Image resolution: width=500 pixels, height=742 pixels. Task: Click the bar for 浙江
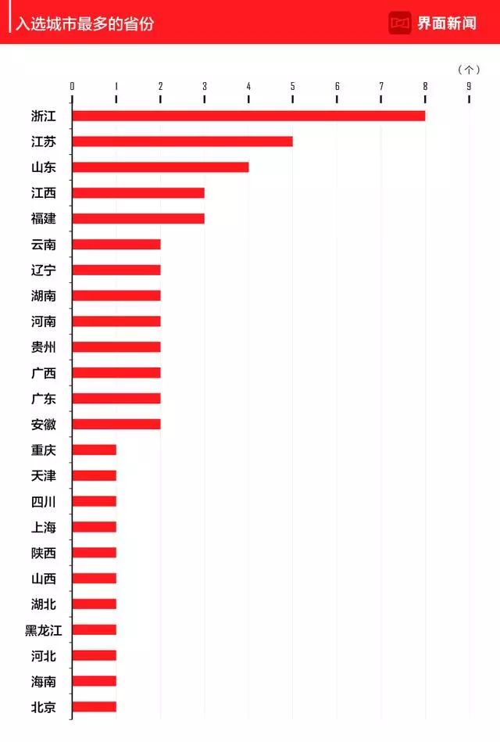(x=248, y=116)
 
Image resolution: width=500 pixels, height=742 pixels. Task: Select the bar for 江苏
(x=182, y=142)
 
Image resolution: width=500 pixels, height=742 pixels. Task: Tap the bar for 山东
(x=160, y=167)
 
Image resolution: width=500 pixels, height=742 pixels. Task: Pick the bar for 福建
(x=138, y=218)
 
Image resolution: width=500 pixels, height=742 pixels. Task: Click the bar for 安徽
(x=116, y=424)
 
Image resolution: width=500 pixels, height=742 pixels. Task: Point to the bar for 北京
(x=95, y=707)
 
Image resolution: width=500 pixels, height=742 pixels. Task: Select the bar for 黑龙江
(x=95, y=629)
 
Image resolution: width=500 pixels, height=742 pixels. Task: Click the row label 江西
(x=44, y=193)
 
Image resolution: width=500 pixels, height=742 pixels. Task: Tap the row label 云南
(x=44, y=245)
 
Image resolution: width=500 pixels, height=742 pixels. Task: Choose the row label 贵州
(x=44, y=347)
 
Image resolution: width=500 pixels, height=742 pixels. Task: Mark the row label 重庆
(x=44, y=450)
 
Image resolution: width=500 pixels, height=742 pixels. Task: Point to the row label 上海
(x=44, y=528)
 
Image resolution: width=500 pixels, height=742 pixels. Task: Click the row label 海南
(x=44, y=682)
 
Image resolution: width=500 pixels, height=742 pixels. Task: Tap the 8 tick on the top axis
(x=425, y=87)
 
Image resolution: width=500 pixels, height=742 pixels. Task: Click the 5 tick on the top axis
(x=293, y=87)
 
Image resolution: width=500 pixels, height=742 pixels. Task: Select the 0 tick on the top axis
(x=73, y=87)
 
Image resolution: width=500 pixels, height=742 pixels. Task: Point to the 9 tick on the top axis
(x=469, y=87)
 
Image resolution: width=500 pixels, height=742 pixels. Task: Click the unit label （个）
(x=468, y=70)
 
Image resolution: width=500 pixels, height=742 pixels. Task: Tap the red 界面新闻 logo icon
(x=400, y=23)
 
